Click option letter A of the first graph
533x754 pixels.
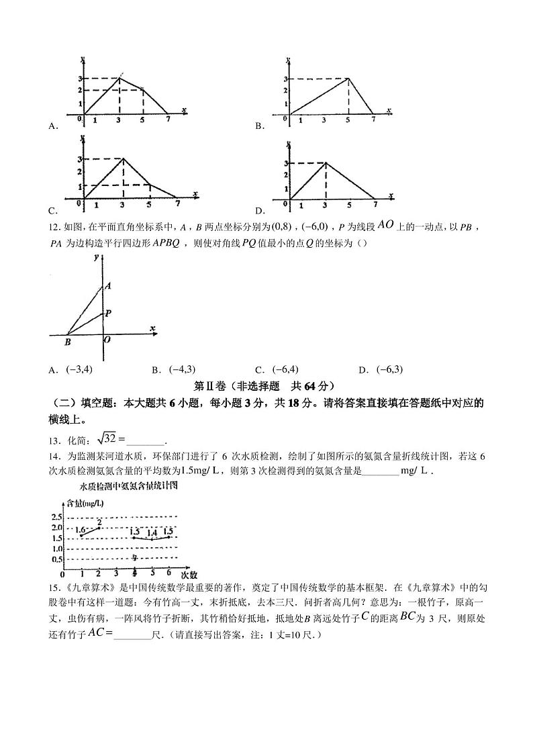tap(52, 126)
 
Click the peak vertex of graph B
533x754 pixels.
tap(348, 79)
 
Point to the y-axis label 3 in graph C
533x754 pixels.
tap(80, 159)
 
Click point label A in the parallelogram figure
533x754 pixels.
tap(107, 285)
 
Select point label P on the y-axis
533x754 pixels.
tap(108, 313)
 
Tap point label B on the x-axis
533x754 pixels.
tap(68, 342)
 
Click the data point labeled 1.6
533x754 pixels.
tap(82, 534)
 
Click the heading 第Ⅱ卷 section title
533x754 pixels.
tap(263, 386)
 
